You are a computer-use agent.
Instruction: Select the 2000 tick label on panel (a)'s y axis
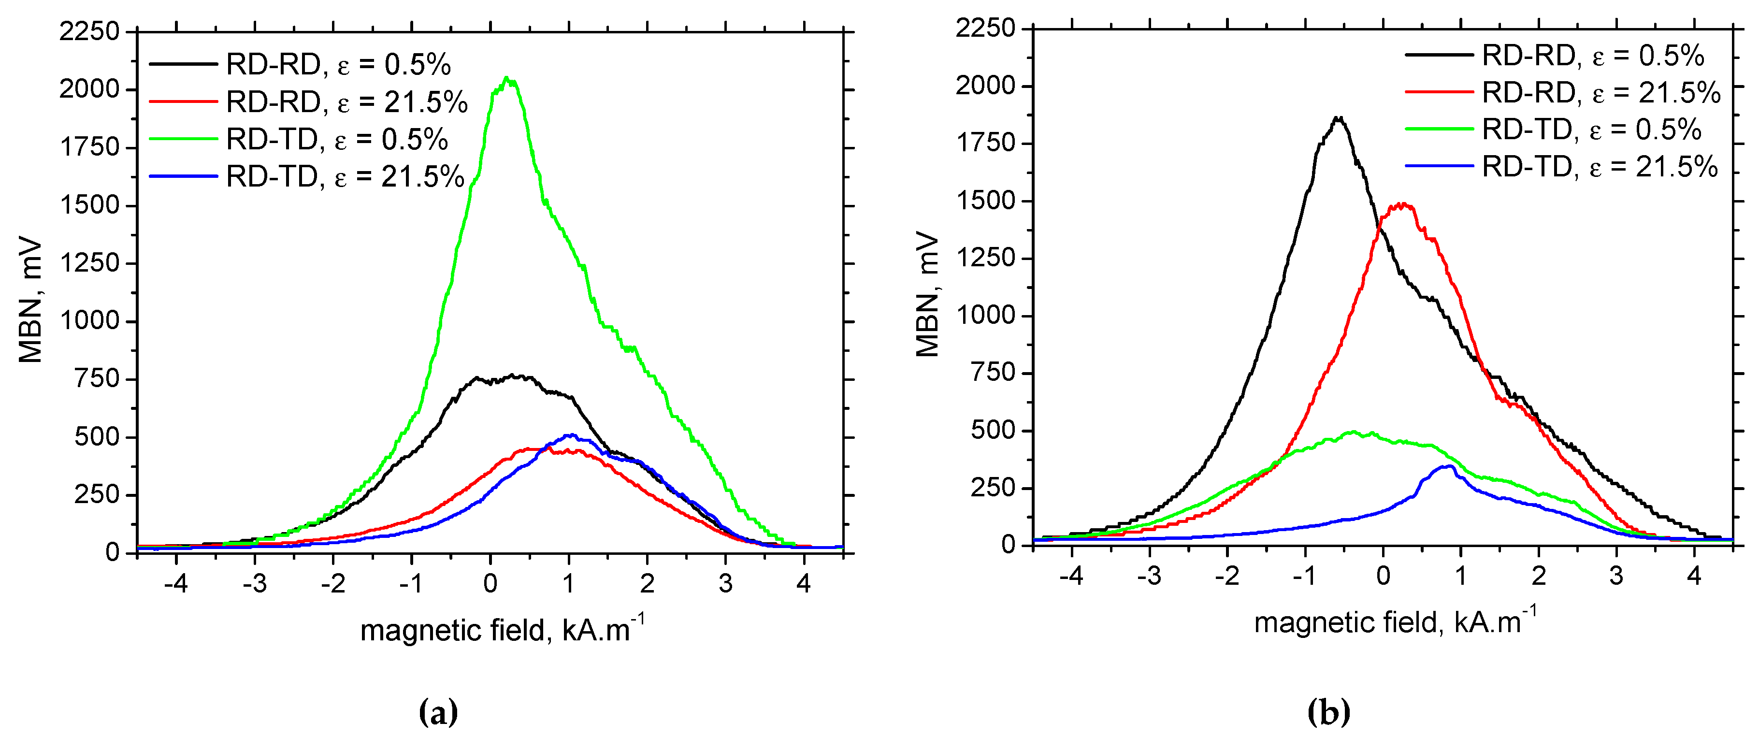pos(89,89)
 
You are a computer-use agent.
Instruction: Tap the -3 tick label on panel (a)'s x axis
pos(254,584)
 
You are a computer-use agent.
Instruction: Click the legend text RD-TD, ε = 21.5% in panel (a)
pos(346,177)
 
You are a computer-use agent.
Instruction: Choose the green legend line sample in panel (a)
pos(183,139)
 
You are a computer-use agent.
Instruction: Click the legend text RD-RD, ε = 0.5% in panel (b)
pos(1592,55)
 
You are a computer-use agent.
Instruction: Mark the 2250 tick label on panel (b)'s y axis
pos(985,29)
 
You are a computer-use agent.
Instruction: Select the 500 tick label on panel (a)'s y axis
pos(97,437)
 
